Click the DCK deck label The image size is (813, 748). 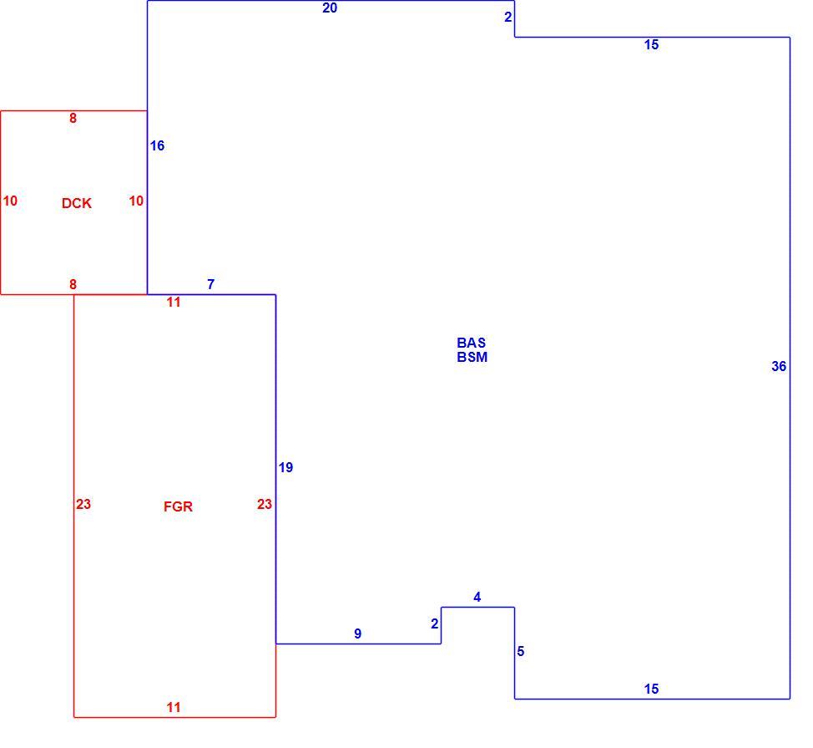pyautogui.click(x=77, y=203)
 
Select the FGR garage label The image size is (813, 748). pyautogui.click(x=178, y=506)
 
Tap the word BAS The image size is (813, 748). pyautogui.click(x=472, y=343)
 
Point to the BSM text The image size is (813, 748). pyautogui.click(x=472, y=357)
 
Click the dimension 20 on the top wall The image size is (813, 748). pyautogui.click(x=330, y=8)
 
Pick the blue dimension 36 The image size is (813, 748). pyautogui.click(x=779, y=366)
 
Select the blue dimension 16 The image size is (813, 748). pyautogui.click(x=157, y=146)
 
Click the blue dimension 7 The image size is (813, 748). pyautogui.click(x=210, y=284)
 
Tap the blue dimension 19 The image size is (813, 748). pyautogui.click(x=285, y=468)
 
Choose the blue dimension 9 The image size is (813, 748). pyautogui.click(x=358, y=634)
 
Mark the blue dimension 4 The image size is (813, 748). pyautogui.click(x=477, y=598)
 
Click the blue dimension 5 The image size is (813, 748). pyautogui.click(x=521, y=651)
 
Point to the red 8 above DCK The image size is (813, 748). pyautogui.click(x=73, y=119)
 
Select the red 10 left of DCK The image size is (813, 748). pyautogui.click(x=10, y=201)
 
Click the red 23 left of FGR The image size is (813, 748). pyautogui.click(x=83, y=504)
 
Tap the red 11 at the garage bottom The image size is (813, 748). pyautogui.click(x=174, y=707)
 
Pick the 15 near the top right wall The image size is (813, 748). pyautogui.click(x=651, y=44)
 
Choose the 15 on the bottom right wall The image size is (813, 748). pyautogui.click(x=651, y=689)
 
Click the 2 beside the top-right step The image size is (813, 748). pyautogui.click(x=508, y=17)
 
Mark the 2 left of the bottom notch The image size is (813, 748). pyautogui.click(x=435, y=624)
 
